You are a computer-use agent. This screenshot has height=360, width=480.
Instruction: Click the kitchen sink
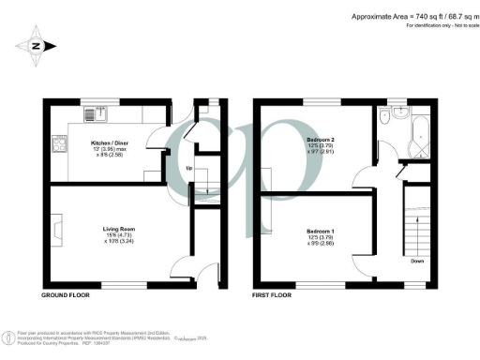(x=97, y=115)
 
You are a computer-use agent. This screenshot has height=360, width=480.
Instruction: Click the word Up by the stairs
(x=190, y=169)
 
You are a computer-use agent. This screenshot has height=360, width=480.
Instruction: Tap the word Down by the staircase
(x=415, y=262)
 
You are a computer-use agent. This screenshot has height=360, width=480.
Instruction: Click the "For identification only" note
(x=438, y=25)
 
